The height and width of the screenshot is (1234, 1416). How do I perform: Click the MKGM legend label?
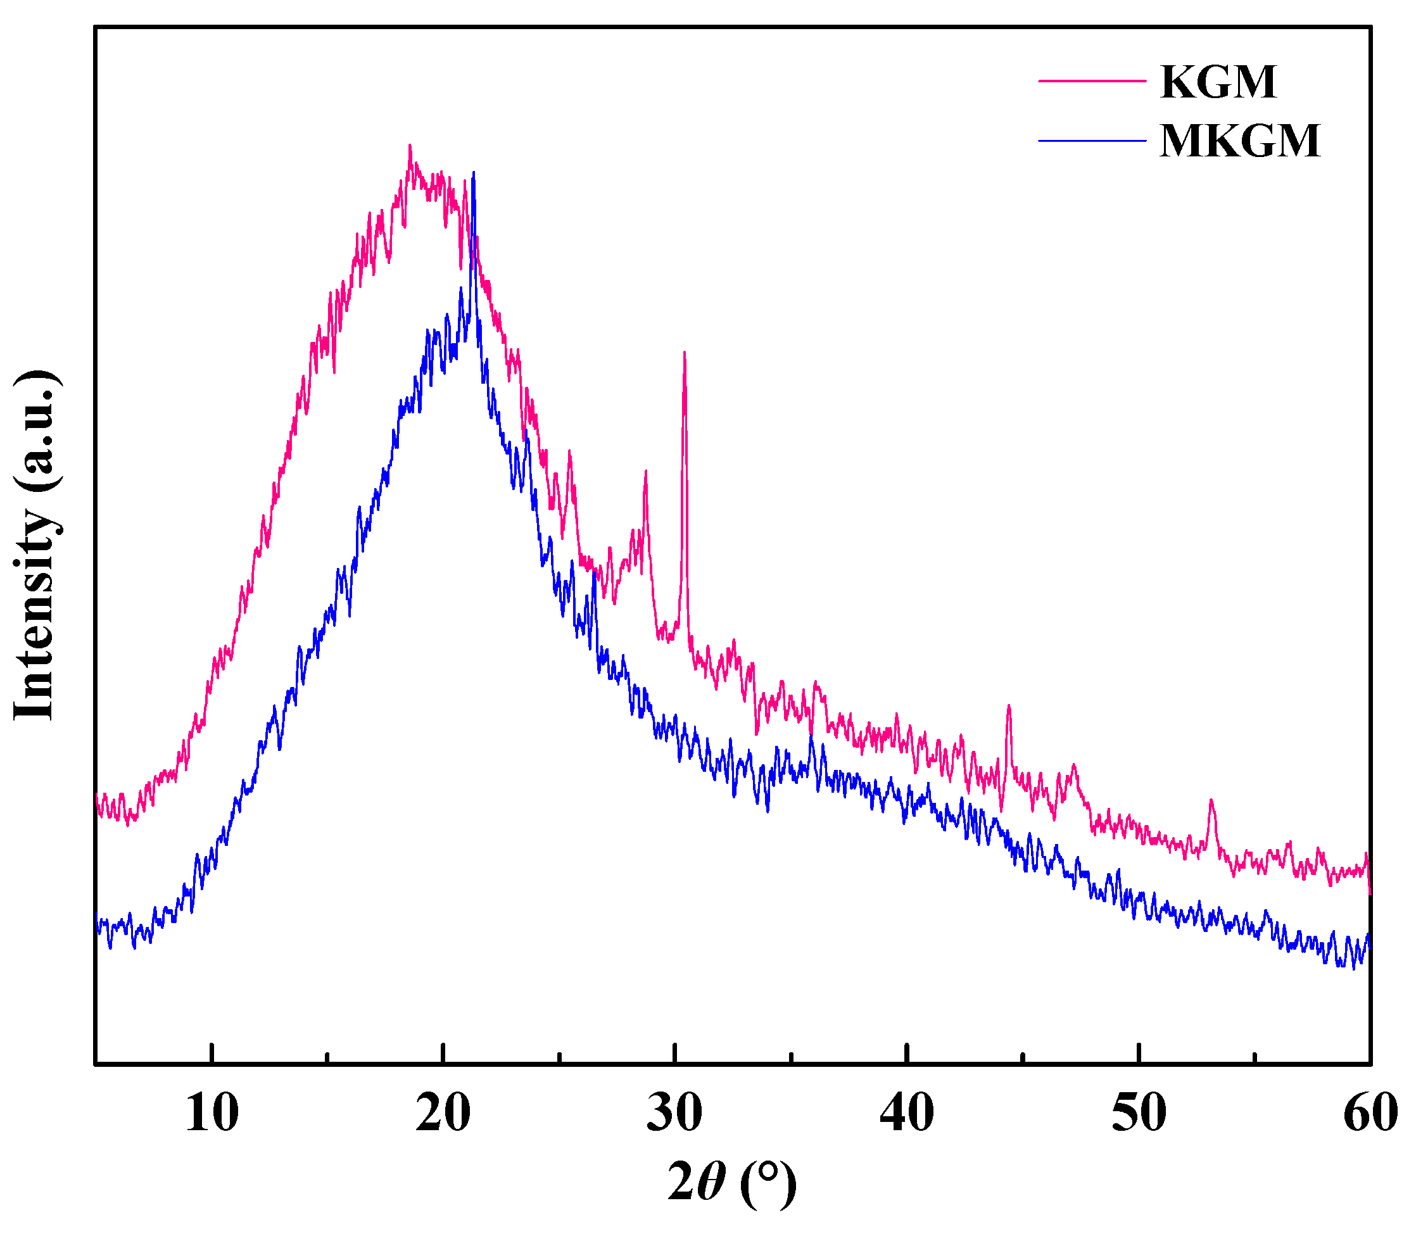click(x=1240, y=141)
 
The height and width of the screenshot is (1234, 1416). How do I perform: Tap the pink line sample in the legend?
click(x=1092, y=80)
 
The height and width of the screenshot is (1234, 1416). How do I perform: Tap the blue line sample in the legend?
click(x=1092, y=141)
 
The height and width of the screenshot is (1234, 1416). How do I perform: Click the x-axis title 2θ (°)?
click(x=732, y=1183)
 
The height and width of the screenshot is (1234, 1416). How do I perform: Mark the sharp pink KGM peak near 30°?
click(x=684, y=354)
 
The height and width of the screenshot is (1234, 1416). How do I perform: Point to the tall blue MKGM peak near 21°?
click(x=474, y=173)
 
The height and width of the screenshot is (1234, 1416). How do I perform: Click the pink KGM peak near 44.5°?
click(x=1008, y=706)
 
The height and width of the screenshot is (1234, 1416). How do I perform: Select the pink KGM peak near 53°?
click(x=1211, y=801)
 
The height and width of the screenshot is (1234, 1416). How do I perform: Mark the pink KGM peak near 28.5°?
click(x=645, y=472)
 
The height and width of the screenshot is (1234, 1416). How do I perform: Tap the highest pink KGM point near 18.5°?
click(x=410, y=147)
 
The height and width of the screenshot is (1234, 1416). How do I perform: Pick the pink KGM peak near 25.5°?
click(x=569, y=453)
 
